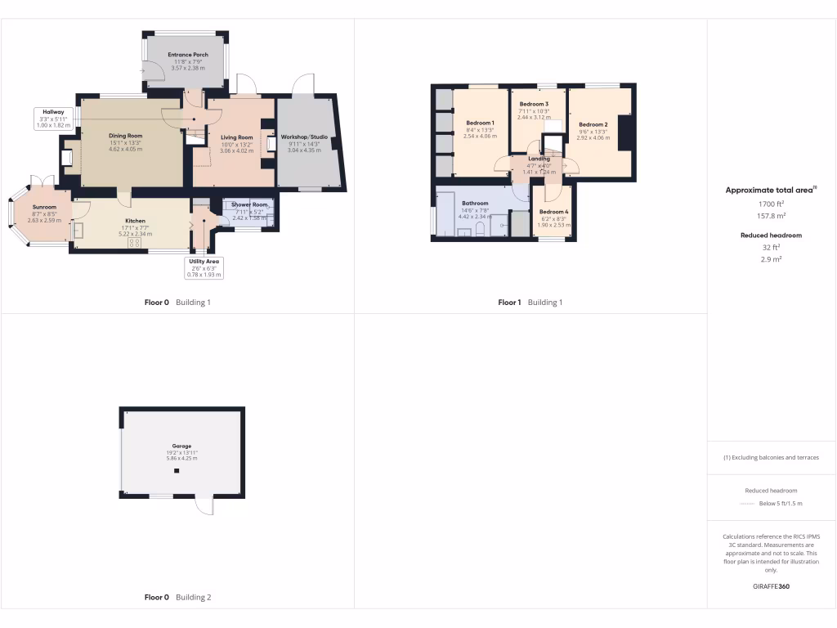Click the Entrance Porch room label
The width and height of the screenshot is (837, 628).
point(188,55)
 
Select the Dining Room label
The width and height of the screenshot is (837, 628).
point(126,136)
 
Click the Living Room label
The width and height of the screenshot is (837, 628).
point(237,137)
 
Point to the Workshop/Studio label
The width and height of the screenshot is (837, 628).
point(304,137)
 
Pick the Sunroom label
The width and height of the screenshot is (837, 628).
point(44,208)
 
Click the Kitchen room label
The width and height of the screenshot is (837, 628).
point(135,221)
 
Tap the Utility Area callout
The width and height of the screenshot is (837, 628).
point(202,262)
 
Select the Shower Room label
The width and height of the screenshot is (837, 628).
point(249,204)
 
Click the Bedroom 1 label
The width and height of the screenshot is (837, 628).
point(480,123)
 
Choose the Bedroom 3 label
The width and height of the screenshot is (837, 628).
point(534,104)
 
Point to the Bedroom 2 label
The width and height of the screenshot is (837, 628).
point(593,124)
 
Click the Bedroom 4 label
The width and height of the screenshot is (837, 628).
point(553,213)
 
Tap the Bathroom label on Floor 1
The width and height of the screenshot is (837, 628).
point(475,203)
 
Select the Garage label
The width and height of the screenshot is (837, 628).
point(181,446)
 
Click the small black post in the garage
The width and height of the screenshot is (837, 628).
point(175,472)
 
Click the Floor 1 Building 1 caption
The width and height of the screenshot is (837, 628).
point(530,303)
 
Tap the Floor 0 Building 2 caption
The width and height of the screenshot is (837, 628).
point(177,598)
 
